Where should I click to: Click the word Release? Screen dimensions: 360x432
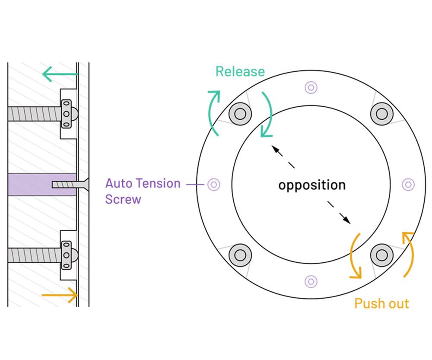click(240, 71)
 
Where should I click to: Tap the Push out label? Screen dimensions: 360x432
click(381, 303)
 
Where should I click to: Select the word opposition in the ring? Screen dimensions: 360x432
click(311, 185)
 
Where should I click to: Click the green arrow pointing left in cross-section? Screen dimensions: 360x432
click(60, 74)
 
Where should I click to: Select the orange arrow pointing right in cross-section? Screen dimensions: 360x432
click(60, 295)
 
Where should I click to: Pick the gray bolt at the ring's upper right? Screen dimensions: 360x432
click(381, 113)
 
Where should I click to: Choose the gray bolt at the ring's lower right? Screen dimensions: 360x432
click(381, 255)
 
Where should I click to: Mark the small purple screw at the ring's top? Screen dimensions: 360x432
click(311, 87)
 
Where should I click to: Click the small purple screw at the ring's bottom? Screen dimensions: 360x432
click(311, 281)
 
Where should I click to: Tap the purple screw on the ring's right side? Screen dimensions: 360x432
click(408, 185)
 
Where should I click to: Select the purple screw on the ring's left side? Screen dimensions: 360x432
click(213, 185)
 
